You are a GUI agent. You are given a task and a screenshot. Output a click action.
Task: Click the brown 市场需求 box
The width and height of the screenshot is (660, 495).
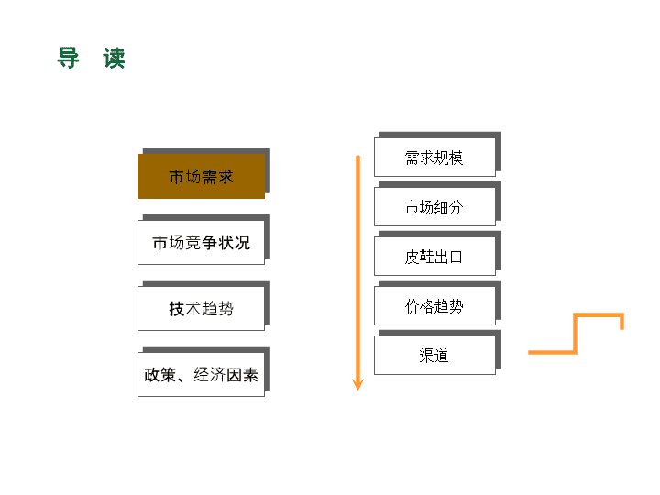(201, 176)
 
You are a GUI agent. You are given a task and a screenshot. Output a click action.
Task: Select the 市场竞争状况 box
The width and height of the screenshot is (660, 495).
(201, 242)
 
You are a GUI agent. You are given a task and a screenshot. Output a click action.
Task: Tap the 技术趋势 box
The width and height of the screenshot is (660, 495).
(201, 308)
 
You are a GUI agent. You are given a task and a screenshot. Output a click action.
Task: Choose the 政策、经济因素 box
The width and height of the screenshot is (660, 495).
(201, 374)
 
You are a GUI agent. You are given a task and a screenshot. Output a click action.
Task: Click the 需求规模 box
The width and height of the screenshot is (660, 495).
(434, 157)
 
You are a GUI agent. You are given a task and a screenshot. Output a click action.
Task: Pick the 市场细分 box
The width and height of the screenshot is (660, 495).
(434, 206)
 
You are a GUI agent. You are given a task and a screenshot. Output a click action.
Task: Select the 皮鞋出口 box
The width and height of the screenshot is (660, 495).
(434, 256)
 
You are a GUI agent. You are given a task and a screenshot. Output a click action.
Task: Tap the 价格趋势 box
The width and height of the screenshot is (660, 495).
(434, 305)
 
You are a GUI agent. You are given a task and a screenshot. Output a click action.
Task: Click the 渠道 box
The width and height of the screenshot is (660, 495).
(434, 355)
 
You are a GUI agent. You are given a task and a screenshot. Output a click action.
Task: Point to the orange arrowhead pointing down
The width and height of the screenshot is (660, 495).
(357, 385)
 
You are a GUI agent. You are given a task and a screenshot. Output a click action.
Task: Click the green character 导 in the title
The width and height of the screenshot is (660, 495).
(68, 58)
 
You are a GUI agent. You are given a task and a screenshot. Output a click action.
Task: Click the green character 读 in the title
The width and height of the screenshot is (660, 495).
(114, 58)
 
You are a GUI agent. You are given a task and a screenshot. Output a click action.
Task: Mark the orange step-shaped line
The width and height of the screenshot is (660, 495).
(576, 333)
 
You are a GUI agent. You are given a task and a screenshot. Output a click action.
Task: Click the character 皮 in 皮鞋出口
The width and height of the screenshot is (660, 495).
(412, 257)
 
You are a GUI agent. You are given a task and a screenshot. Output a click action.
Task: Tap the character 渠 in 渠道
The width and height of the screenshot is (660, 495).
(426, 356)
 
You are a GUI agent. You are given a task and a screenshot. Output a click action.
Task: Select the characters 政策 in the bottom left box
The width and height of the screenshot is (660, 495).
(159, 375)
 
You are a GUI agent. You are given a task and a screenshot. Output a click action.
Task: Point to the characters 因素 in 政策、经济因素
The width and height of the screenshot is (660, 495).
(242, 375)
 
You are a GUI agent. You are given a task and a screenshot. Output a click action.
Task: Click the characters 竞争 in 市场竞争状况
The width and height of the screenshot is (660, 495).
(201, 243)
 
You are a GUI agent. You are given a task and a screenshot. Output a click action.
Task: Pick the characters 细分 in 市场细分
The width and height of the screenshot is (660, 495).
(448, 207)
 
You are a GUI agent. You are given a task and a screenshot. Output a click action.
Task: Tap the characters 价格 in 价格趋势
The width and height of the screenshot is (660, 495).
(420, 306)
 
